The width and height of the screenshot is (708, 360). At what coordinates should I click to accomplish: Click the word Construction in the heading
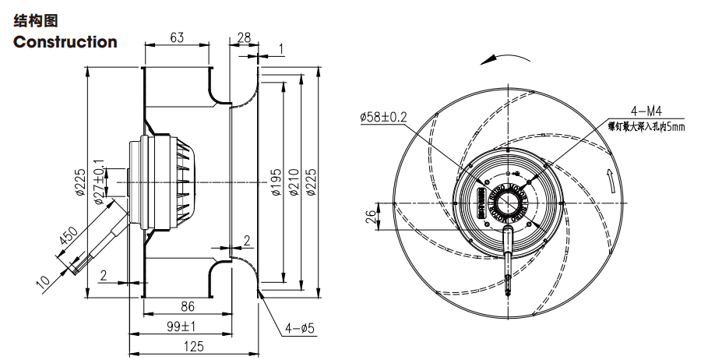click(x=65, y=42)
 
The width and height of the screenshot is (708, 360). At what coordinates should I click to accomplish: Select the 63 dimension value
click(x=177, y=37)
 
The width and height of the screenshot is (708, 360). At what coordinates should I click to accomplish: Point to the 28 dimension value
click(x=243, y=37)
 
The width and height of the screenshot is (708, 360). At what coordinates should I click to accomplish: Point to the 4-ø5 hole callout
click(x=299, y=329)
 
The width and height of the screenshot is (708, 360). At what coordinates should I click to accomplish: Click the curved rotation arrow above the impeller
click(x=505, y=58)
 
